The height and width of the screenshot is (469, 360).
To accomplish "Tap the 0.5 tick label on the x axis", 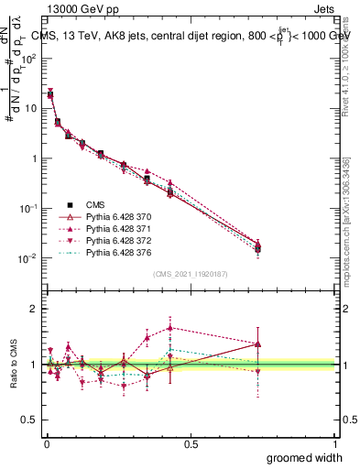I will coord(191,442).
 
